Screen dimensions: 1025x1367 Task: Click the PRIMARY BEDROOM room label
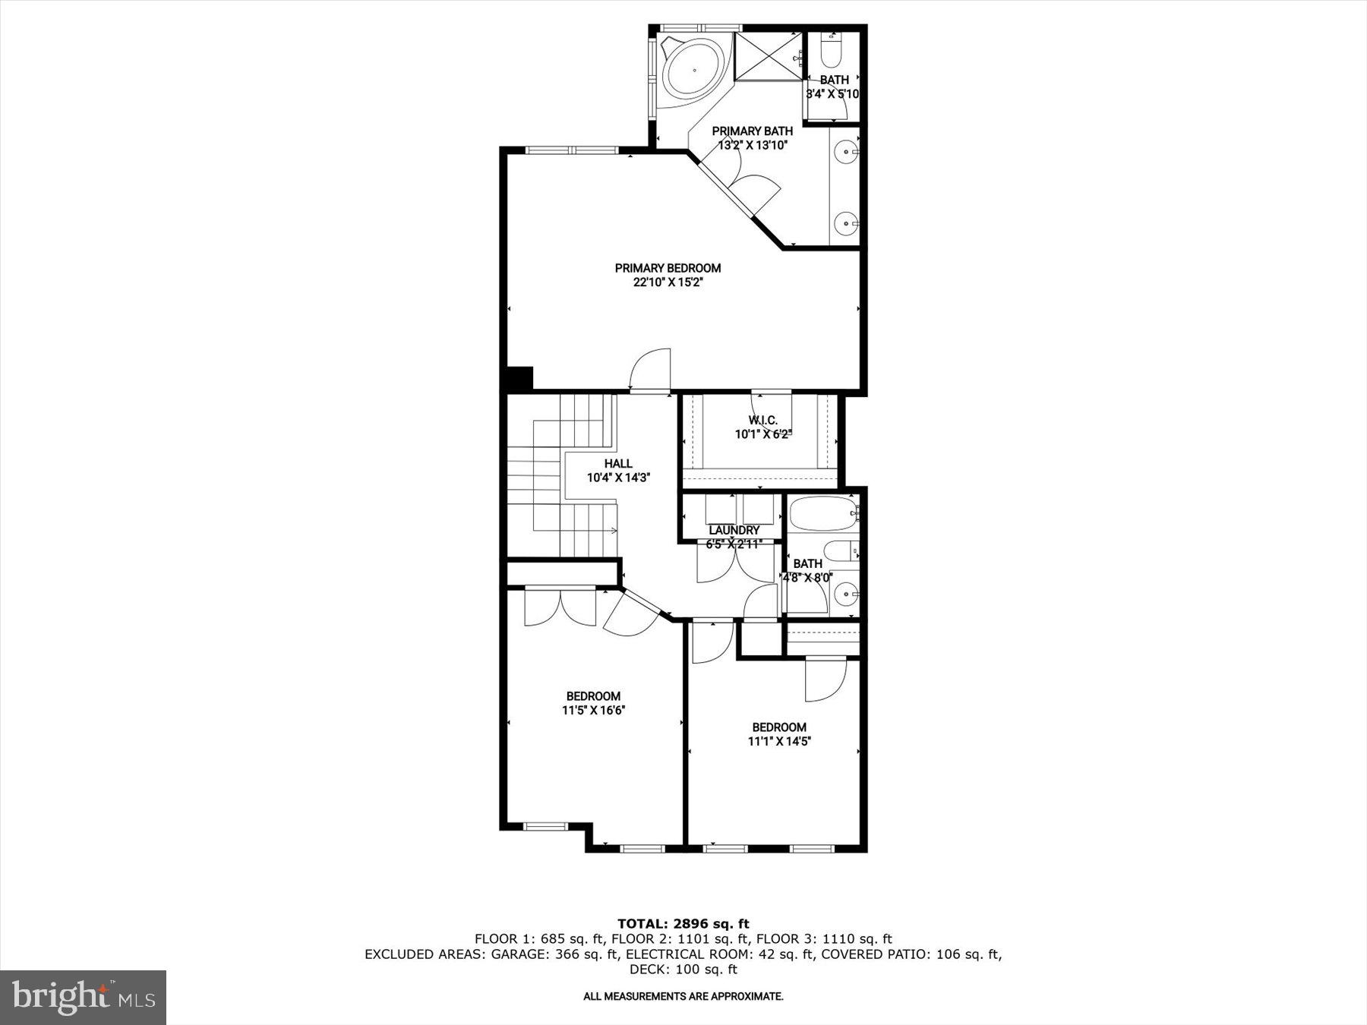[x=668, y=268]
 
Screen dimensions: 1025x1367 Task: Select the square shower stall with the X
[x=769, y=54]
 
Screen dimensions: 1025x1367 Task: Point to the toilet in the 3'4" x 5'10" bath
[x=832, y=50]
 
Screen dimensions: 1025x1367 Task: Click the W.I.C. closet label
[x=762, y=420]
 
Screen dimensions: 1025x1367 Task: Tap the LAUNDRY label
[x=734, y=530]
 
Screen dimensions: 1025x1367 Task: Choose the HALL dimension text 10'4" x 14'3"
[x=618, y=478]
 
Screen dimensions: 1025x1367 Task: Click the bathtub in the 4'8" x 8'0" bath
[x=822, y=514]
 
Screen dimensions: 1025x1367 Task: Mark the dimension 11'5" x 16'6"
[x=593, y=711]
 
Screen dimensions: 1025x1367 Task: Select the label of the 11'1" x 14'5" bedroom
[x=779, y=727]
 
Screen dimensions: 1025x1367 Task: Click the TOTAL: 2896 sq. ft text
[x=683, y=924]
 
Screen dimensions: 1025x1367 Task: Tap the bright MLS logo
[x=83, y=997]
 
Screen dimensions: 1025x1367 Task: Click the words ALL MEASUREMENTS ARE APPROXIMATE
[x=683, y=996]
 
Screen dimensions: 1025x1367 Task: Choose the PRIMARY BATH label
[x=752, y=131]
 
